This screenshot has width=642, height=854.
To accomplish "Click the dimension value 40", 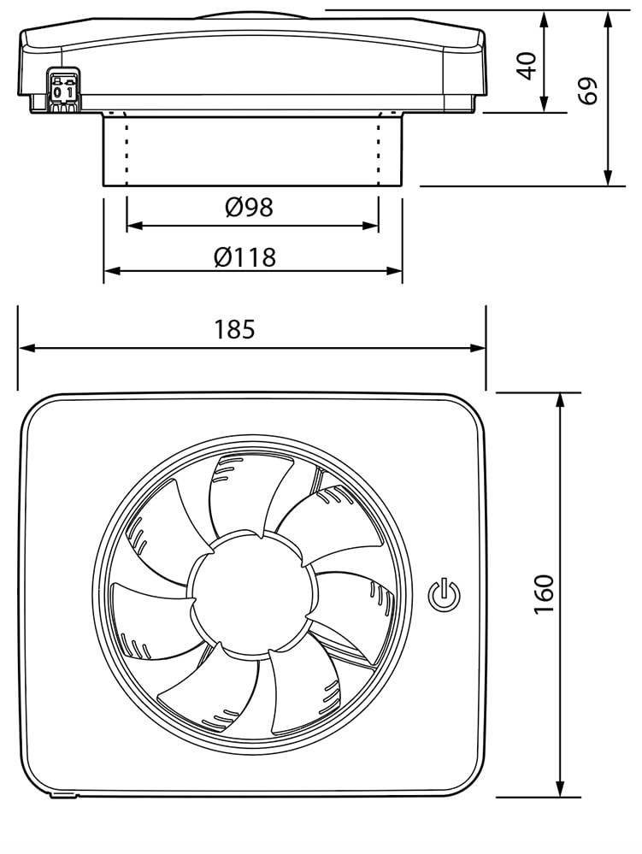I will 528,65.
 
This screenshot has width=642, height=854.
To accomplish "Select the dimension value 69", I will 587,91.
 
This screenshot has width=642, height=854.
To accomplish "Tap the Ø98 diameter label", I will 250,207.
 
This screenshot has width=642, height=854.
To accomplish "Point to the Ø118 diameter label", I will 251,256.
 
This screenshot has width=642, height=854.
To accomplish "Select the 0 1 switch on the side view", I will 63,91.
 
